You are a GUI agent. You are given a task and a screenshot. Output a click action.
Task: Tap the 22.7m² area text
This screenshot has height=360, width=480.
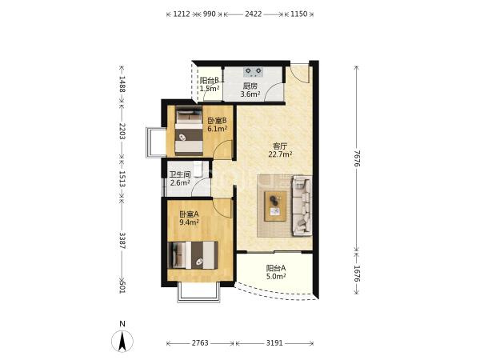280,154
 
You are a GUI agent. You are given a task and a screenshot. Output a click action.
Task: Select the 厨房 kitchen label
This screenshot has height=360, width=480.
250,86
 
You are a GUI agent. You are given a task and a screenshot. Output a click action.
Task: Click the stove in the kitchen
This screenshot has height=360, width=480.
253,72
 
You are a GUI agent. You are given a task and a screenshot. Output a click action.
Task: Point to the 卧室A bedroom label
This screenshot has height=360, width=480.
189,214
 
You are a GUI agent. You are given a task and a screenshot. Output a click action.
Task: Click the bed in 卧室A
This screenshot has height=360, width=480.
193,255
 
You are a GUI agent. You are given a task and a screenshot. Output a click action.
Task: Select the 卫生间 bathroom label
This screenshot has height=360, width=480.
180,174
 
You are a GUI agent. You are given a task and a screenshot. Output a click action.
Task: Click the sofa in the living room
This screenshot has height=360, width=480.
302,206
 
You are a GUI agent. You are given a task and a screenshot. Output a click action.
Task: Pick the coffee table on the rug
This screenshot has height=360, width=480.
275,206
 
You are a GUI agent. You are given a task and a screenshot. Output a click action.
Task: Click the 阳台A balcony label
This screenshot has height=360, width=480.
276,269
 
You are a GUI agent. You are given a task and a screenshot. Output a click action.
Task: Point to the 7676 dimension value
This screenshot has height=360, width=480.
356,159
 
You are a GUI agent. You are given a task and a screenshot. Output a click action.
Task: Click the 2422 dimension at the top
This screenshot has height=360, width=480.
253,14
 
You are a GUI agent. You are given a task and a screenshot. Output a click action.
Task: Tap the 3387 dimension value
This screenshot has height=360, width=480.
122,240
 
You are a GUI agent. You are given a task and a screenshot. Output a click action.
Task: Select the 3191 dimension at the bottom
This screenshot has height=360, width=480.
274,343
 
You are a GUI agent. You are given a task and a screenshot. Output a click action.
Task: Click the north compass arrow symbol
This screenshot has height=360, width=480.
122,341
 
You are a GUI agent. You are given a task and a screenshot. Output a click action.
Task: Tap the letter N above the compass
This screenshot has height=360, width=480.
122,323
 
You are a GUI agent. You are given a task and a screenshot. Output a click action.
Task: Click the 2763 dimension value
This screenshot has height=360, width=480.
200,343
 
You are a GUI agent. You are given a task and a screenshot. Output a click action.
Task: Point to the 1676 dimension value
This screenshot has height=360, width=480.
356,274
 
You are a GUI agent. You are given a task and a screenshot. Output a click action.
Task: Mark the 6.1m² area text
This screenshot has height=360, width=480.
218,129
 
